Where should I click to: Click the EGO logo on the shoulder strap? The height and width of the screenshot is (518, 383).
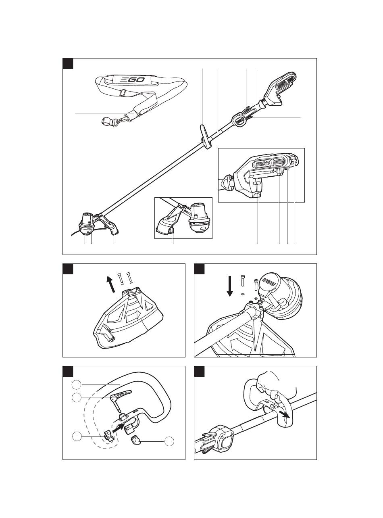pos(132,80)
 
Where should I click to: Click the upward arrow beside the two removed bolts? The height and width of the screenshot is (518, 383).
pos(111,284)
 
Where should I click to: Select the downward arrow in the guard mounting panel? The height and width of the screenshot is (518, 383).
pos(230,286)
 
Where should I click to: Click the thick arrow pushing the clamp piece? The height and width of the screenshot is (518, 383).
pos(119,428)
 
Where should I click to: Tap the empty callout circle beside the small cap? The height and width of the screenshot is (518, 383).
pos(169,441)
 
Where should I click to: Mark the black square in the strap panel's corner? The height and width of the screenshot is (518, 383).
pos(68,63)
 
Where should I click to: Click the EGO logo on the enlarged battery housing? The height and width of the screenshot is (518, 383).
pos(263,163)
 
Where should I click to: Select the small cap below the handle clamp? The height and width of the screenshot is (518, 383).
pos(135,440)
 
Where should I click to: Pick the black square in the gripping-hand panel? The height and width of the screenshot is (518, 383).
pos(199,371)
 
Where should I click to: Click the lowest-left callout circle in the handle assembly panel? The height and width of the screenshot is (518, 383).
pos(77,436)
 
